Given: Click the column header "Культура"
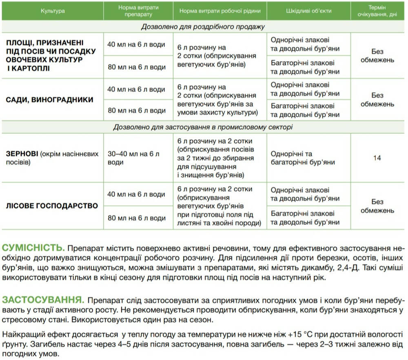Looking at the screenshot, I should (53, 11).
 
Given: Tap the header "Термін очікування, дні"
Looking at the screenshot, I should (377, 11).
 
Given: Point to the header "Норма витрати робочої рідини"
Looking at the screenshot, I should (220, 11).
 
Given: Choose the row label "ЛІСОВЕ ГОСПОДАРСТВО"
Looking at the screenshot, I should (52, 206).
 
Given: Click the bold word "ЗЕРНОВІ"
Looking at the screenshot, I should (22, 154).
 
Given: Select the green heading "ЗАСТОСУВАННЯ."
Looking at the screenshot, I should (43, 300).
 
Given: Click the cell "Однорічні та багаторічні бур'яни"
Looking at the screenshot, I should (302, 158).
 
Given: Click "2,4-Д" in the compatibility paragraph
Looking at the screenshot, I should (375, 268).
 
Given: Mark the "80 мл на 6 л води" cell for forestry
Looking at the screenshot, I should (136, 218).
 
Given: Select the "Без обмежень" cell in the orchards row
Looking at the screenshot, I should (377, 100).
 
